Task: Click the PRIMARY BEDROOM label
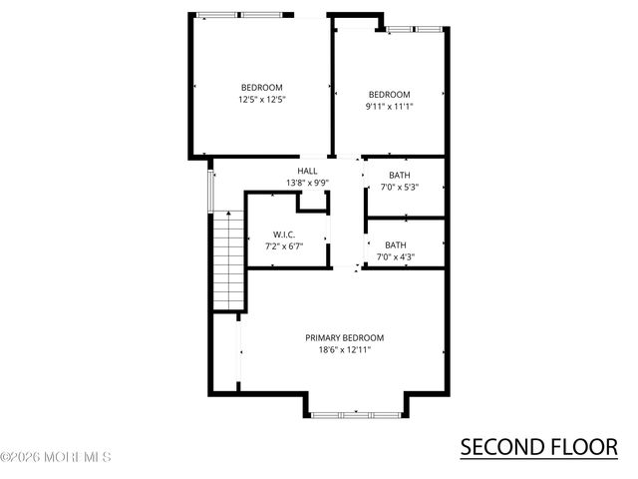pos(344,338)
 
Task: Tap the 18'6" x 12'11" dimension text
pos(344,350)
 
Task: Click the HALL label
pos(307,171)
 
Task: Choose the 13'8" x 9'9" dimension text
pos(307,183)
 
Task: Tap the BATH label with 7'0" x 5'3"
pos(399,176)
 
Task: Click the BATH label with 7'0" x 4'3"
pos(396,245)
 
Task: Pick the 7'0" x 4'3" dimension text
pos(396,257)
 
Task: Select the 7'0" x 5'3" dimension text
pos(399,188)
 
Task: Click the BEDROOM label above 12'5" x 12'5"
pos(262,87)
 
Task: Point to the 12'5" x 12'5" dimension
pos(262,100)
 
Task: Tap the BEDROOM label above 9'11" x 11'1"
pos(389,95)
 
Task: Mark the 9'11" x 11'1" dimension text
pos(389,107)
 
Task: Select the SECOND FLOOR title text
pos(538,446)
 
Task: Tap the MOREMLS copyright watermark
pos(56,458)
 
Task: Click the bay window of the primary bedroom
pos(356,413)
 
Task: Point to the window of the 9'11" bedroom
pos(415,29)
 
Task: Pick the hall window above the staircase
pos(210,191)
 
